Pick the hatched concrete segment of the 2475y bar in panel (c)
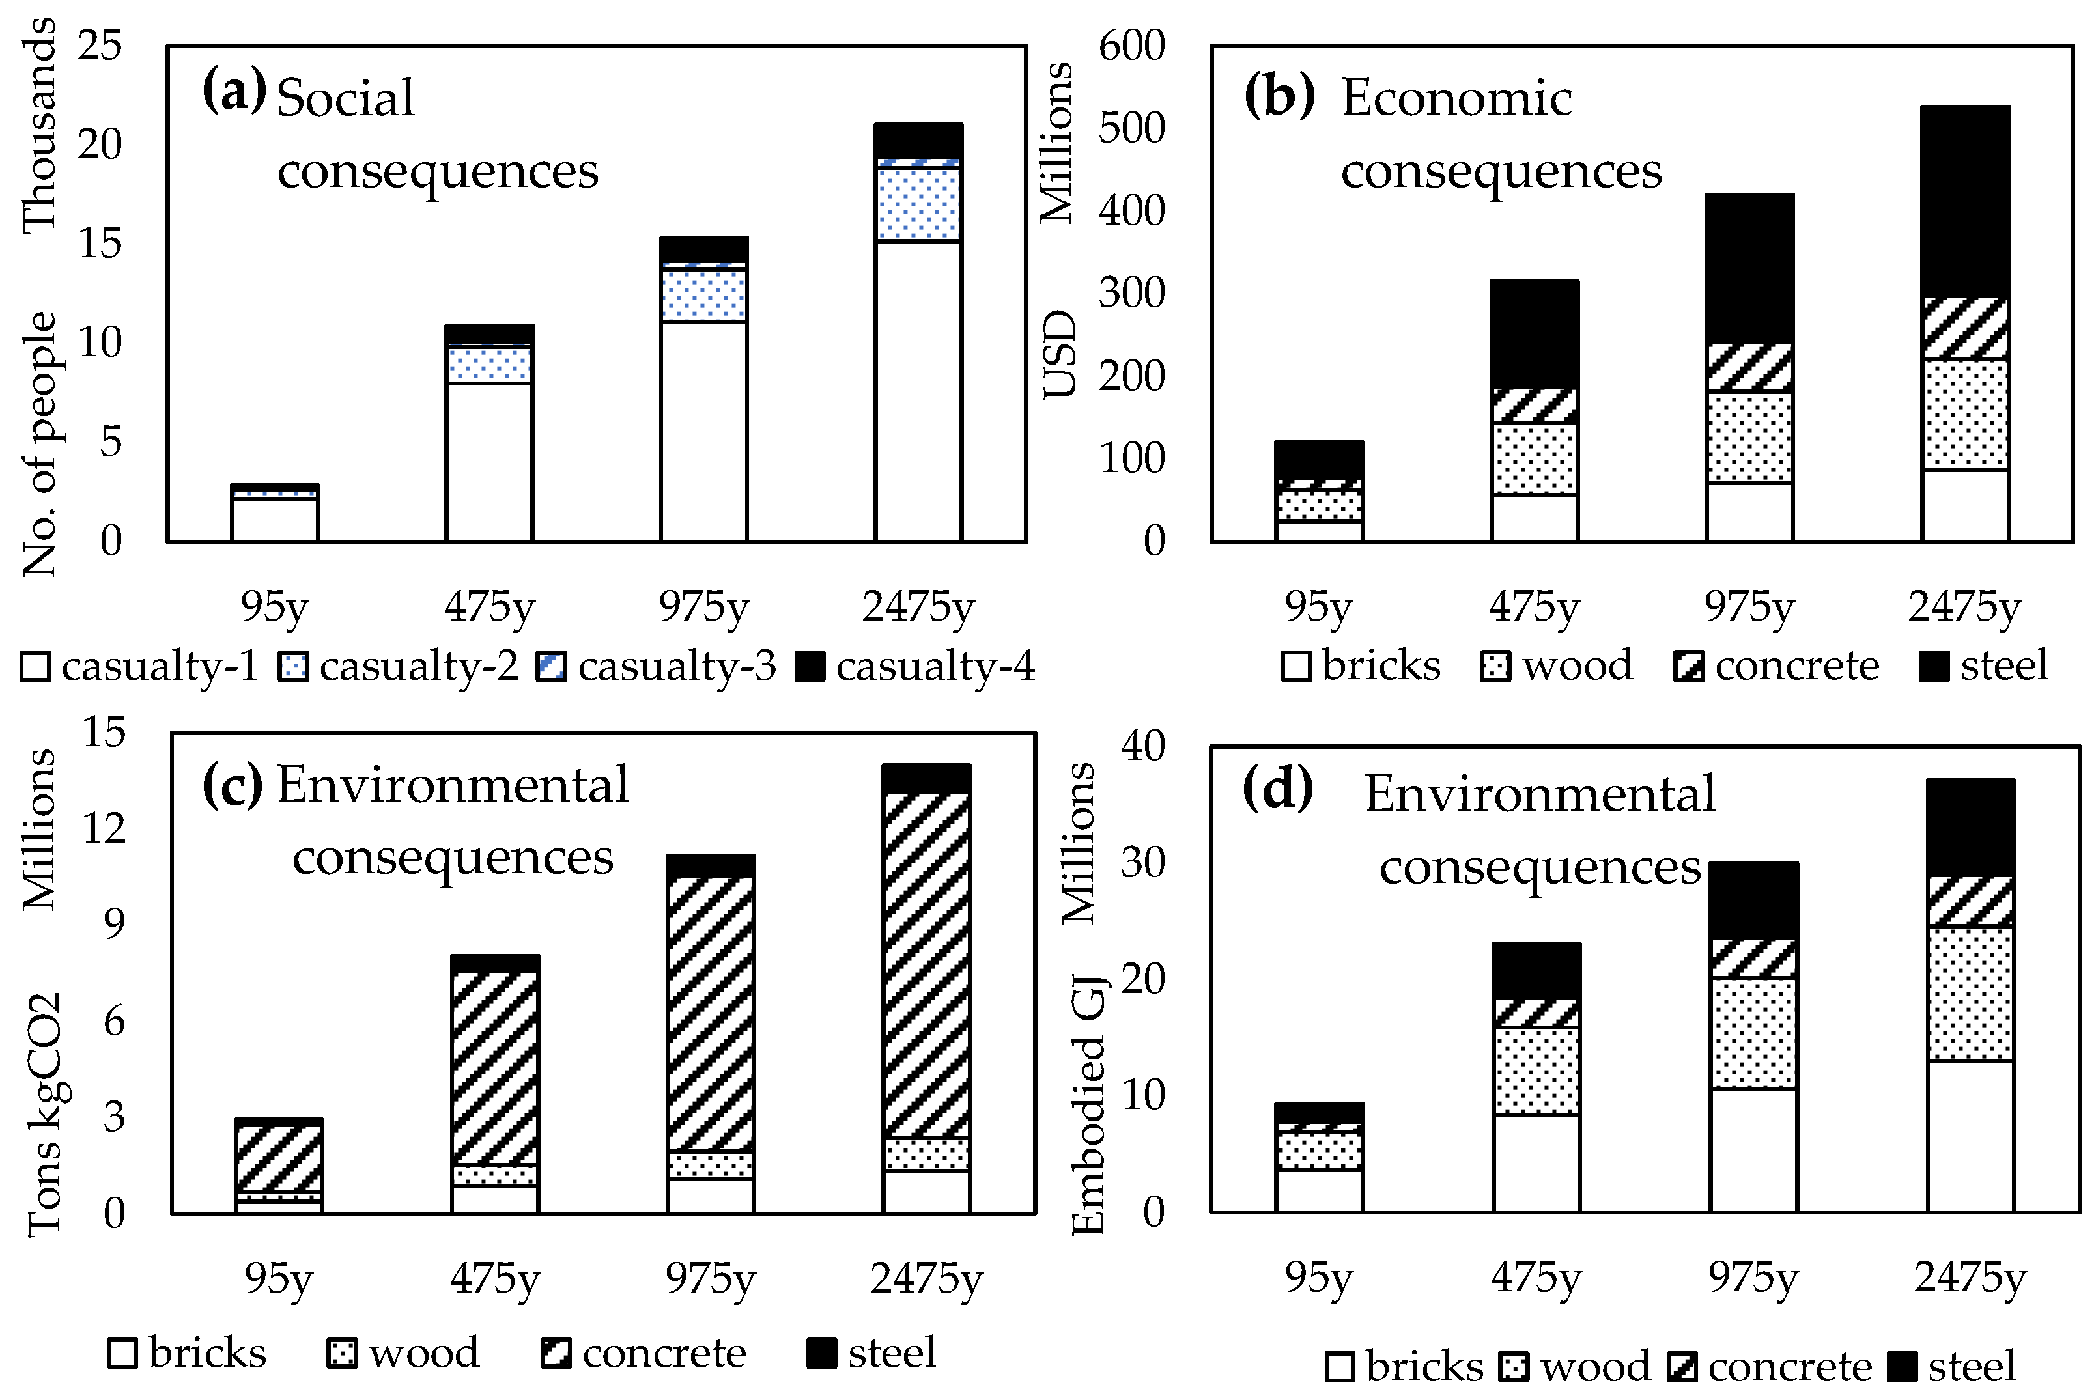coord(926,964)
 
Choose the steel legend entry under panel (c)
coord(871,1352)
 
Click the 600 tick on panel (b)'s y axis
coord(1131,45)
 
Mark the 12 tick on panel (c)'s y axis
coord(104,828)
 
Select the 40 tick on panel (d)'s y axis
coord(1143,746)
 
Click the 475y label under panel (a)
coord(489,608)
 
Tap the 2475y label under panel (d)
coord(1970,1279)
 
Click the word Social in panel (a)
coord(346,98)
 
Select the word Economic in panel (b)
coord(1456,98)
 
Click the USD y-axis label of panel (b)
coord(1060,354)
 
